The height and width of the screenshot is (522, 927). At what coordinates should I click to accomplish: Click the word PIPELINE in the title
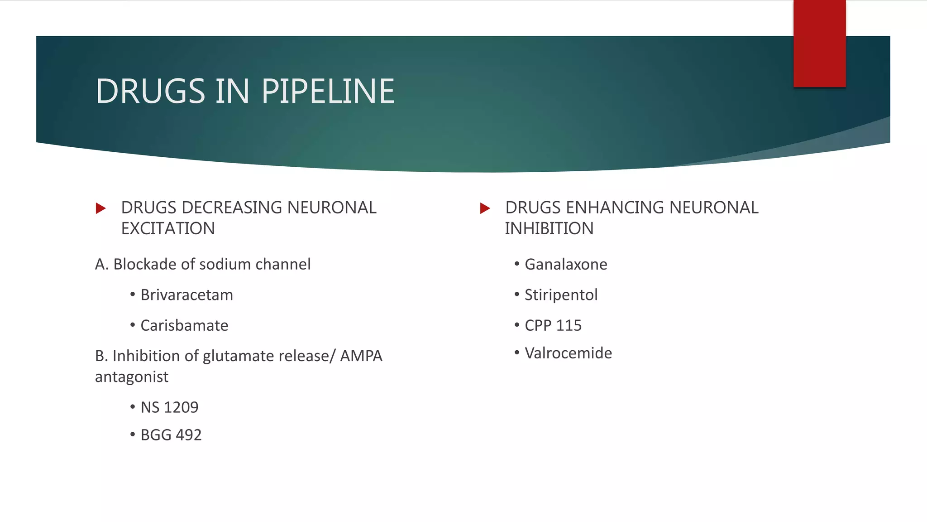pos(328,91)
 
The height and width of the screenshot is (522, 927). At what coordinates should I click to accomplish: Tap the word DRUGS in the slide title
pos(150,91)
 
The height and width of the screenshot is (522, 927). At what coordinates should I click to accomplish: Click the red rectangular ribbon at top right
pos(819,43)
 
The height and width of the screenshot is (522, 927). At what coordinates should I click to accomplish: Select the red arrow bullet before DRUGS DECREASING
pos(101,208)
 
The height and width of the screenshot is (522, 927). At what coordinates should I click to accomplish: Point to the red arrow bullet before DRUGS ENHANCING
pos(485,208)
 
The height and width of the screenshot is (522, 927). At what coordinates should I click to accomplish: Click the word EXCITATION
pos(168,228)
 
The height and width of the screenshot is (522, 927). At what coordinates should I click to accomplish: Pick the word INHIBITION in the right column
pos(549,228)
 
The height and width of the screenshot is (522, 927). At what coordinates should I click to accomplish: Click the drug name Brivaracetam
pos(186,295)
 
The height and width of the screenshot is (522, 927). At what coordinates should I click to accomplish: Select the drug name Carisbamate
pos(184,325)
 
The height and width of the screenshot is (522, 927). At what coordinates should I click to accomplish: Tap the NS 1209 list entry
pos(169,407)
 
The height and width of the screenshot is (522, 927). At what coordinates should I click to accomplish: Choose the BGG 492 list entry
pos(171,435)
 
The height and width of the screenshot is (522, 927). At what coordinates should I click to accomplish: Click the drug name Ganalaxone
pos(566,264)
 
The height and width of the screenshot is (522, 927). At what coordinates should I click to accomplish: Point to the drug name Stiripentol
pos(561,295)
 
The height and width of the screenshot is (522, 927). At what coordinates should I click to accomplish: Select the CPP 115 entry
pos(553,325)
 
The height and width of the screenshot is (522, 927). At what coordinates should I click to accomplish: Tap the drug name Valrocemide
pos(568,353)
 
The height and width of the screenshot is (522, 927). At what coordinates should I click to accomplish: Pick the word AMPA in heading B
pos(361,356)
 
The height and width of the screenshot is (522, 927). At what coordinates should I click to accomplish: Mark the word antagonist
pos(132,377)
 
